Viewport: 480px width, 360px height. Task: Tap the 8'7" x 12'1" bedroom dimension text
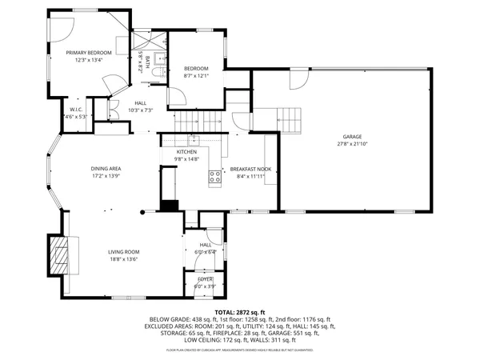tap(196, 75)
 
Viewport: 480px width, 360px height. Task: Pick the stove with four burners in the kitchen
tap(215, 178)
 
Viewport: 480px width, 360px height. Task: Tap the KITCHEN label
tap(186, 151)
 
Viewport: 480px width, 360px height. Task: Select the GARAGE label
tap(353, 135)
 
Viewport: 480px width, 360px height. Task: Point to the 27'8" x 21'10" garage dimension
tap(353, 143)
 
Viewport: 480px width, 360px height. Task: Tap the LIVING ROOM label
tap(124, 252)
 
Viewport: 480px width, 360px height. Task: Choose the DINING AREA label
tap(105, 168)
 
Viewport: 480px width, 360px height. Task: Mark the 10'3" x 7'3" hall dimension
tap(140, 110)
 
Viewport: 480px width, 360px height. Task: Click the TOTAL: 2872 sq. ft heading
tap(239, 312)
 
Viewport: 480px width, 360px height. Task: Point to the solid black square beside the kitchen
tap(168, 205)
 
